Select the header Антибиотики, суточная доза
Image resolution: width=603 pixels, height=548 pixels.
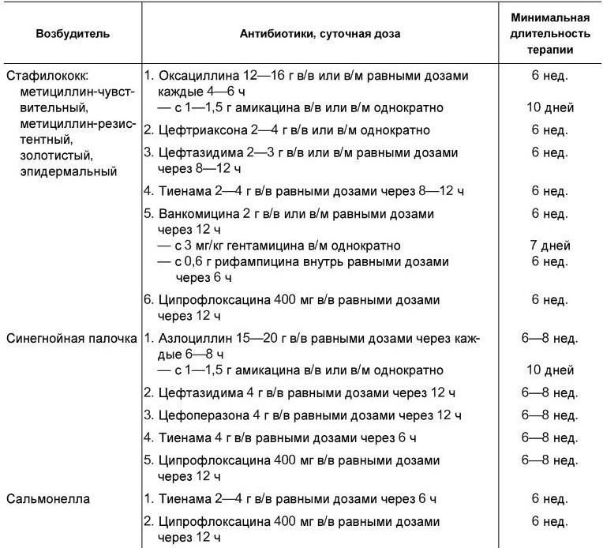[320, 34]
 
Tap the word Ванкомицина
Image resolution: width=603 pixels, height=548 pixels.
[202, 214]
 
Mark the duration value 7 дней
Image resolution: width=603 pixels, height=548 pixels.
[550, 246]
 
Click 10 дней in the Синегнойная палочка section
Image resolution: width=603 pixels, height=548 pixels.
[550, 370]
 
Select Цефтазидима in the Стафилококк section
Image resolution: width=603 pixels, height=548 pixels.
[200, 152]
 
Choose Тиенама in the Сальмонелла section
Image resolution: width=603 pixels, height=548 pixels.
[183, 499]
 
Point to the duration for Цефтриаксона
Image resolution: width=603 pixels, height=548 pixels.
[550, 129]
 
